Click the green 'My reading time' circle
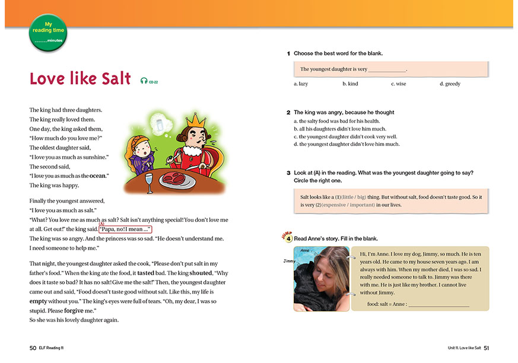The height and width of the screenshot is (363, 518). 48,32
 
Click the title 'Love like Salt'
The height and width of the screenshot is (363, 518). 80,79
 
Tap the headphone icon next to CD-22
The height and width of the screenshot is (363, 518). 144,81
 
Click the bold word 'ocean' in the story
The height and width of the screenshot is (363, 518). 98,176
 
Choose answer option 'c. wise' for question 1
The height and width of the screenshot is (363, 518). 399,84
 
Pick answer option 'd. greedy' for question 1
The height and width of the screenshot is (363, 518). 450,84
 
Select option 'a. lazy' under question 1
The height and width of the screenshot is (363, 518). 301,84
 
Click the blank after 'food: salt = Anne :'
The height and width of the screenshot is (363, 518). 438,304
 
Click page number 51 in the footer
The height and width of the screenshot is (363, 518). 486,348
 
